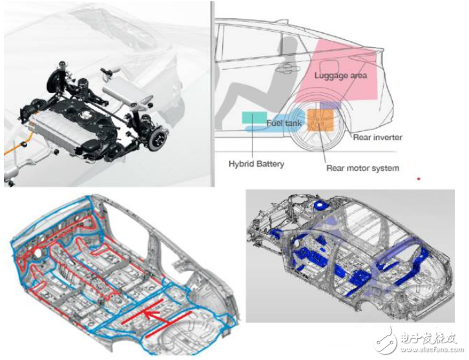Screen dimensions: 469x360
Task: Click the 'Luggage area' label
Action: [340, 76]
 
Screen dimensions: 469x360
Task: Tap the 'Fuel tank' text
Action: [284, 123]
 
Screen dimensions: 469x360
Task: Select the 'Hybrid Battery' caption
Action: [256, 164]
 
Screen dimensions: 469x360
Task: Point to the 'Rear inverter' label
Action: [377, 138]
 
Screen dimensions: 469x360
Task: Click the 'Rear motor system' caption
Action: [362, 168]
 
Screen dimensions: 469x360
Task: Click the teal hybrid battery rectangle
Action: [255, 118]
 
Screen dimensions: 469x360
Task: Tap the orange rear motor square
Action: [320, 120]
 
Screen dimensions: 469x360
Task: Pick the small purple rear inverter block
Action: [330, 105]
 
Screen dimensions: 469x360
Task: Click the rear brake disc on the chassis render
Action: [158, 139]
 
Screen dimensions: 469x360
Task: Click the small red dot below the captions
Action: [419, 178]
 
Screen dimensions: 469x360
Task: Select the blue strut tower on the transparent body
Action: [320, 205]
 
